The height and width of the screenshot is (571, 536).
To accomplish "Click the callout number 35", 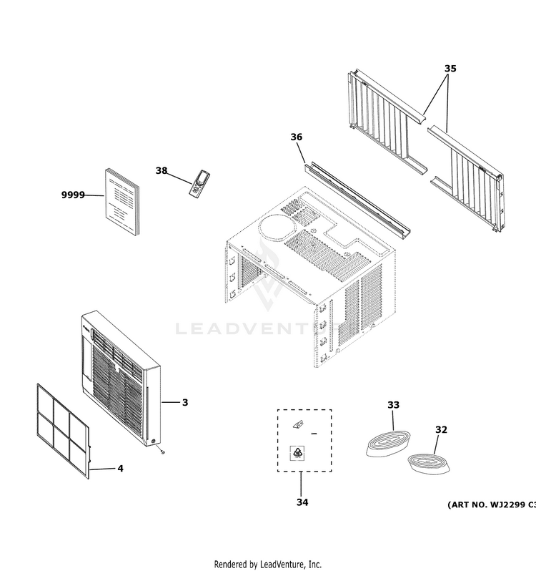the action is [x=450, y=69].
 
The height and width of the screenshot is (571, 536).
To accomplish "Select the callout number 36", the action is [x=297, y=137].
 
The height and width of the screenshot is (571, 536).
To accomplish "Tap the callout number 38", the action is [x=162, y=170].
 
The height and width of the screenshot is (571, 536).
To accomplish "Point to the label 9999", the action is [x=72, y=195].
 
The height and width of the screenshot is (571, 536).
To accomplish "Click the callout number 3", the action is [x=184, y=403].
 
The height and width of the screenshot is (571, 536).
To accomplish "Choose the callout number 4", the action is [x=120, y=469].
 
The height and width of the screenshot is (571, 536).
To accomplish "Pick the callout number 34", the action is [x=302, y=502].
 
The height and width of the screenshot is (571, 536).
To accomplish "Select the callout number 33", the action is [x=393, y=405].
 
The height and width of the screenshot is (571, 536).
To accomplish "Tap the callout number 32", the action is [x=441, y=429].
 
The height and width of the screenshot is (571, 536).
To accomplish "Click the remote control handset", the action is [x=197, y=182].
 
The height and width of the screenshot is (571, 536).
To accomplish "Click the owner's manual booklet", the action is [x=121, y=202].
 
